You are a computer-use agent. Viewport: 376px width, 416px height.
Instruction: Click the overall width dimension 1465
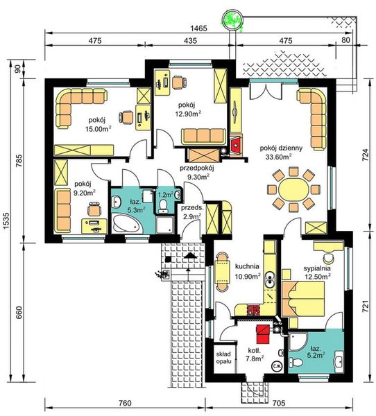tap(198, 28)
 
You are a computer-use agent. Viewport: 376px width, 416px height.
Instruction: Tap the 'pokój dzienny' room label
tap(281, 148)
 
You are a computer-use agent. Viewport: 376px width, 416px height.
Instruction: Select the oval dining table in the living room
tap(293, 190)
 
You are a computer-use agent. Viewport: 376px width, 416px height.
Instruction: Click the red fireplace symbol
tap(236, 145)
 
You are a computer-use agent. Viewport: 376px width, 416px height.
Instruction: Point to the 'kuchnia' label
tap(247, 266)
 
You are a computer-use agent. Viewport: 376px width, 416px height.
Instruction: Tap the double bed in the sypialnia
tap(302, 299)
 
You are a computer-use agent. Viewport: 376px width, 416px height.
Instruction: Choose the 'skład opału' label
tap(223, 358)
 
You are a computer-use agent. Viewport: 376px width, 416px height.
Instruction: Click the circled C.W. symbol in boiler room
tap(277, 366)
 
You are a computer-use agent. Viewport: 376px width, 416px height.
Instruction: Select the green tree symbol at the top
tap(232, 20)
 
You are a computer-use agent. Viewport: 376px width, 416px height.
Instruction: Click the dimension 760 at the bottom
tap(124, 403)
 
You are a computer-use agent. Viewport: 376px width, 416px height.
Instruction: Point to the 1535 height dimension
tap(6, 220)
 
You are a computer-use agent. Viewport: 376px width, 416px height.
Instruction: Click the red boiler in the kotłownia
tap(263, 333)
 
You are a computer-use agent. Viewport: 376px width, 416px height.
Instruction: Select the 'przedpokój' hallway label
tap(197, 168)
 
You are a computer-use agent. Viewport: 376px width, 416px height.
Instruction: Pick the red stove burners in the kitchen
tap(253, 310)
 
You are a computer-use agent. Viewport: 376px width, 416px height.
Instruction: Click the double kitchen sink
tap(270, 280)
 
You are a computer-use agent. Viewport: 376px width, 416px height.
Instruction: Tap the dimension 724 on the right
tap(365, 155)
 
